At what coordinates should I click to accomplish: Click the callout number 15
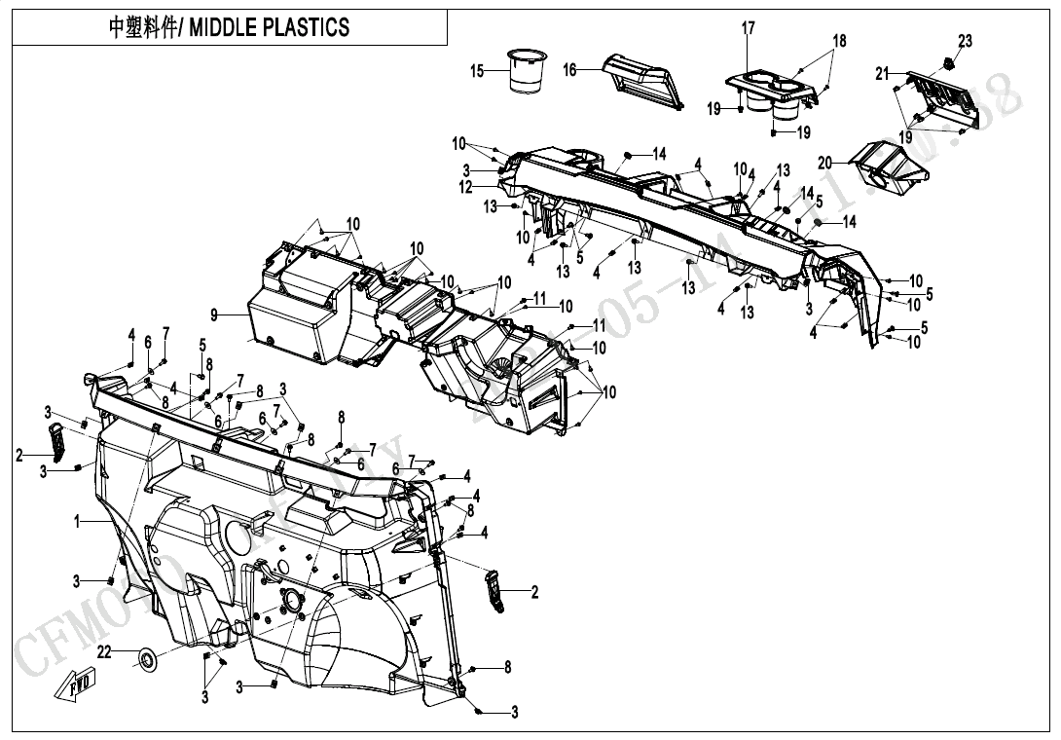477,71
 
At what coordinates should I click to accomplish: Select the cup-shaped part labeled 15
528,72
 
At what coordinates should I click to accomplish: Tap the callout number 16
570,70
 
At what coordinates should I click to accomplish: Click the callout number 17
749,29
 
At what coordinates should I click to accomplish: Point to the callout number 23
965,41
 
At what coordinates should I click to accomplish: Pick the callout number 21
882,74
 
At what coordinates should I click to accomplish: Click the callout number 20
825,163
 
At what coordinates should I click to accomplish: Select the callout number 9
214,314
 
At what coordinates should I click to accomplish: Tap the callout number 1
76,522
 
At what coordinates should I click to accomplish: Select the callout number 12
466,187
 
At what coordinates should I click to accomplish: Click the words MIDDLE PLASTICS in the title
269,27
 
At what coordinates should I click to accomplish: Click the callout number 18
839,41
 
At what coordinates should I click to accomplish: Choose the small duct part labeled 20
886,167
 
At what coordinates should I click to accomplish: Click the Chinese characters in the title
142,27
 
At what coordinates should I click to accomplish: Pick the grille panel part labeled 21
939,99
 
